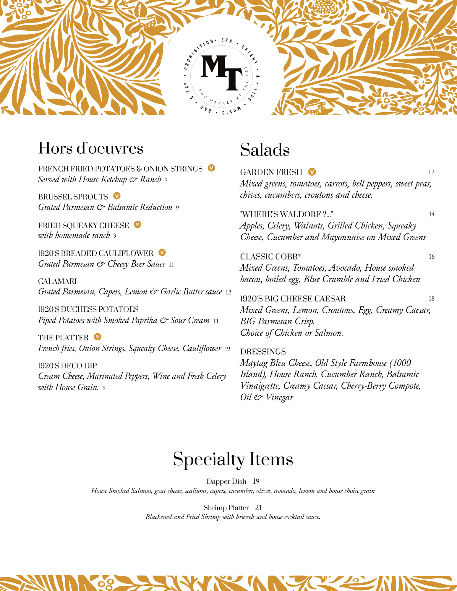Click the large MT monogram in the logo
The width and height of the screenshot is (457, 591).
(222, 73)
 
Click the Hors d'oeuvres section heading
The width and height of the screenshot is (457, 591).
(91, 148)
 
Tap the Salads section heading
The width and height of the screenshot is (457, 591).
(265, 150)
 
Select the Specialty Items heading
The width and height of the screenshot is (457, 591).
(233, 459)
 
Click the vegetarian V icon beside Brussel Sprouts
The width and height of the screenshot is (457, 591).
(117, 196)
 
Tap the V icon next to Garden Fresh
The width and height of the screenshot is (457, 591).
(312, 172)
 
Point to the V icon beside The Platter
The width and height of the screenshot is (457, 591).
(98, 337)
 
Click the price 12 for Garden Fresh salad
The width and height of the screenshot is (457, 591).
(431, 172)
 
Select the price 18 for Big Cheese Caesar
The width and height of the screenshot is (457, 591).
(431, 299)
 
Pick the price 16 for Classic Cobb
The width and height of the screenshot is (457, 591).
(431, 256)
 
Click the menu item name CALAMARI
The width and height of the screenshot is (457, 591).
(57, 281)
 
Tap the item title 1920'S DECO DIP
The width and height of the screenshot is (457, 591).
(67, 366)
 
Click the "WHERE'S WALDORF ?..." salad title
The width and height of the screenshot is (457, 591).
(286, 214)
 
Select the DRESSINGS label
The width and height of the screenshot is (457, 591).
(263, 352)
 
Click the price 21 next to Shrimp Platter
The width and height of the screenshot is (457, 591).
(259, 508)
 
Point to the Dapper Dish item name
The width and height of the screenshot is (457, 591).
(226, 481)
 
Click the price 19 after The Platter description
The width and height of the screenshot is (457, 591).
(227, 349)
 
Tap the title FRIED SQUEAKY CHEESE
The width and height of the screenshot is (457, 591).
(84, 225)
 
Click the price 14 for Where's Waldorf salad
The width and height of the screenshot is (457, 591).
(431, 214)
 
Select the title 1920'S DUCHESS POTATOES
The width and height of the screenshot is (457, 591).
(88, 309)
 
